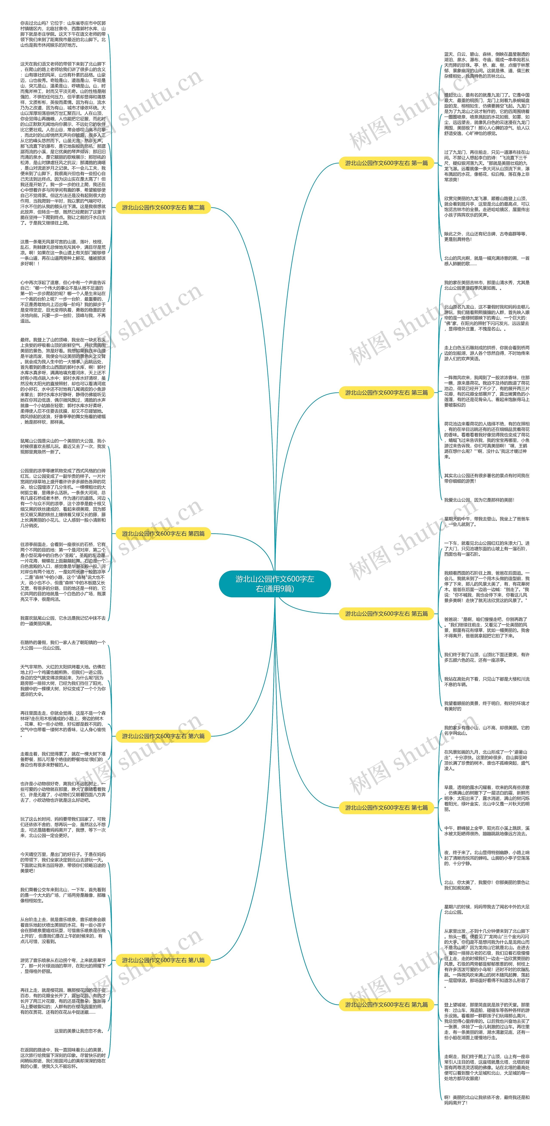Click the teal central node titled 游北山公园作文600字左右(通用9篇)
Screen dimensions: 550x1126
275,584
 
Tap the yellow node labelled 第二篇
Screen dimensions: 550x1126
163,208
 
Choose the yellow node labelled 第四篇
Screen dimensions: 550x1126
163,534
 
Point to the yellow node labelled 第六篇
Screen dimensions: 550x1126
163,736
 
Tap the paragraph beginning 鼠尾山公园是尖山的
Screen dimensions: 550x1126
63,446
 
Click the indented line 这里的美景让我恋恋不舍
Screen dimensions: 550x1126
79,1031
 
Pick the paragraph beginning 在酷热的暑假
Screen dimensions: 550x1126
63,645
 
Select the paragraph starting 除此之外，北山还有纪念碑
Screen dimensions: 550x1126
487,236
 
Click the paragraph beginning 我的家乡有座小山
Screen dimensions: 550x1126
487,730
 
